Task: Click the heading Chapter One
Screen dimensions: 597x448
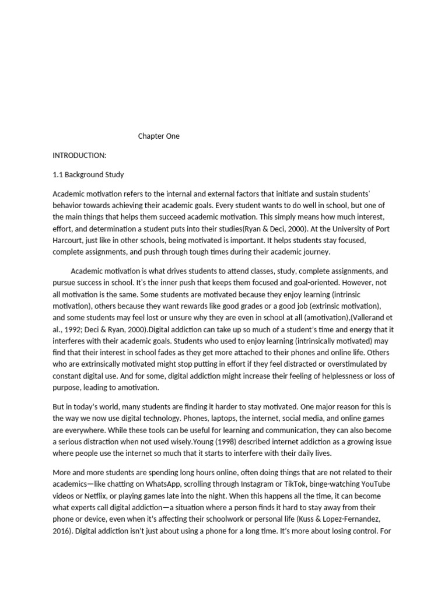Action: point(159,136)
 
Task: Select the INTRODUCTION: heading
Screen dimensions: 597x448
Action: point(79,156)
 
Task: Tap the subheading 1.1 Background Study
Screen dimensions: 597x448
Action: point(88,174)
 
